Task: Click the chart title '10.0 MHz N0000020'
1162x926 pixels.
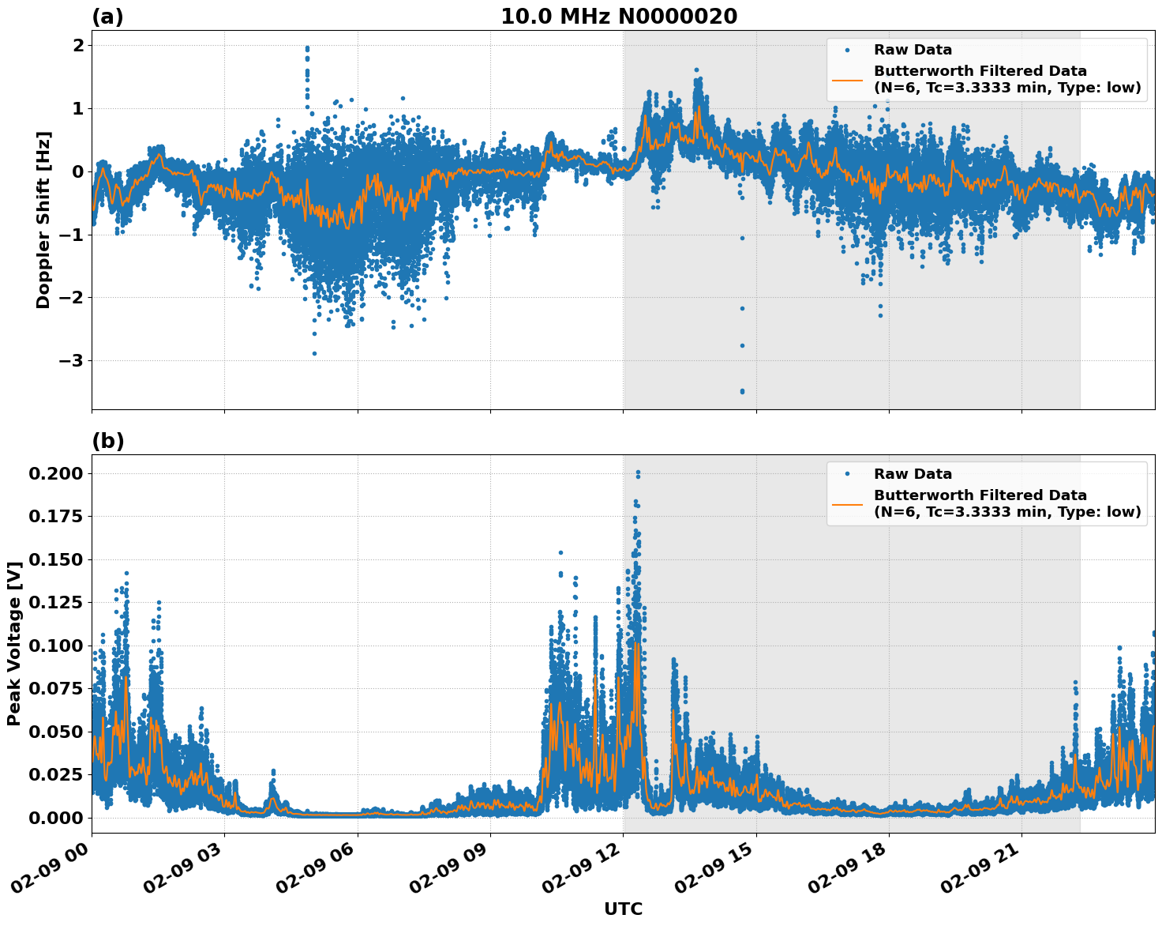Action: [x=619, y=17]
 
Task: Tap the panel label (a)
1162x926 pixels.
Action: [x=107, y=17]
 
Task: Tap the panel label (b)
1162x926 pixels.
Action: [x=107, y=441]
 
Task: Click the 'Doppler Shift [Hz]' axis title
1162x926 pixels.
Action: [x=43, y=220]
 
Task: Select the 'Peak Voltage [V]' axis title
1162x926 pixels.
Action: [x=13, y=643]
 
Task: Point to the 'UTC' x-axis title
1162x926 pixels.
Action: [x=623, y=909]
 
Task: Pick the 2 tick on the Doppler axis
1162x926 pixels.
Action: [x=78, y=46]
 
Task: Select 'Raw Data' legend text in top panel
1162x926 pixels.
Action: [x=913, y=51]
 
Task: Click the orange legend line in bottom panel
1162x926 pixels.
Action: [x=847, y=503]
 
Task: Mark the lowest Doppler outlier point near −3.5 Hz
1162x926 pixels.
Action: [x=742, y=391]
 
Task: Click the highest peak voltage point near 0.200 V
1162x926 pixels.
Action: [x=638, y=472]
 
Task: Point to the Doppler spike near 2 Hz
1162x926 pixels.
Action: [x=307, y=48]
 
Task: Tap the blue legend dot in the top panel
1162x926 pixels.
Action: [x=847, y=51]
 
